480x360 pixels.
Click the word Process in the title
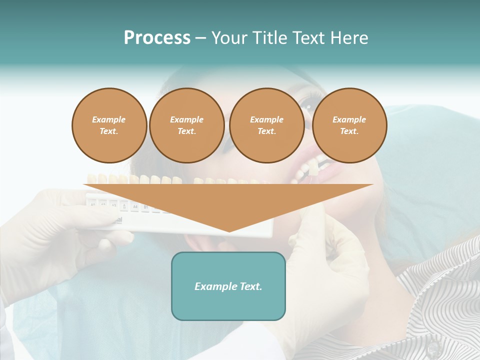pos(157,38)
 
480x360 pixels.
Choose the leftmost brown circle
pos(109,125)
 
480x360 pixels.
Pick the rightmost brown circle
pos(349,125)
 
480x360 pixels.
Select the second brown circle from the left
pos(187,125)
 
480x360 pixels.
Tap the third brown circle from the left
pos(267,125)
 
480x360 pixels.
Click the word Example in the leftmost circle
pos(109,119)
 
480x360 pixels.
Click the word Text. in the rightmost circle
pos(349,131)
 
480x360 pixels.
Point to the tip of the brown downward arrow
pos(229,231)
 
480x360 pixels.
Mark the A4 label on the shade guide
pos(134,205)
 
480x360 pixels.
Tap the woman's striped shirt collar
pos(430,280)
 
